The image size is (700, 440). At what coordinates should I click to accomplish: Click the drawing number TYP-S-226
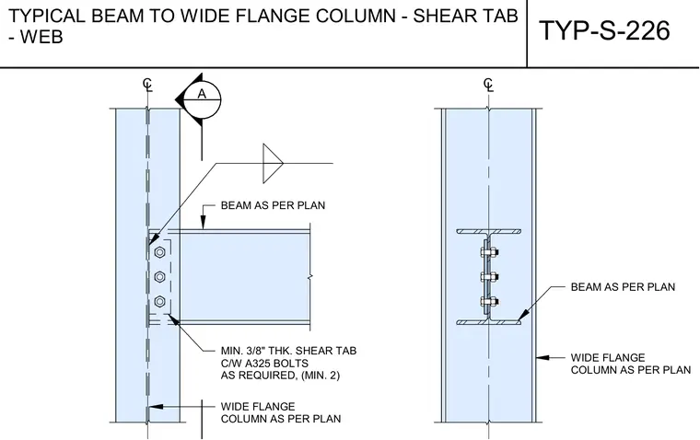point(605,30)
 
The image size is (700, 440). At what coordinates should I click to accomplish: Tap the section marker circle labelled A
point(203,99)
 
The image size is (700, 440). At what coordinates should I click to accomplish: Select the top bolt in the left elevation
point(159,252)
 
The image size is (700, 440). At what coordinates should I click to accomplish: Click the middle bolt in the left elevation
point(159,277)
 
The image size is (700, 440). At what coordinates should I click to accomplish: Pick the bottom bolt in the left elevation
point(159,302)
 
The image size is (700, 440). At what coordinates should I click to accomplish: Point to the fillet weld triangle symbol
point(273,163)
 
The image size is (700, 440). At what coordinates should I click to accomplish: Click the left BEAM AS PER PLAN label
point(273,205)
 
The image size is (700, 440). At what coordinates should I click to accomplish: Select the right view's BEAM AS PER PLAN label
point(623,287)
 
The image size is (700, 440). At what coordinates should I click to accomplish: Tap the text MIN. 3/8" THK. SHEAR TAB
point(288,351)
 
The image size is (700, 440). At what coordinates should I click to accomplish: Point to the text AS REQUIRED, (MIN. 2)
point(280,376)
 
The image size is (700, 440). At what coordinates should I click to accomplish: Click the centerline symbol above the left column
point(147,85)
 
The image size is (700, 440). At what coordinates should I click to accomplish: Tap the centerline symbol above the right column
point(489,85)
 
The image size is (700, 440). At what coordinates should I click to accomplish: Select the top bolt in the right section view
point(489,252)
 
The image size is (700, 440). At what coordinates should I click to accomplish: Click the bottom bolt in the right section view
point(489,302)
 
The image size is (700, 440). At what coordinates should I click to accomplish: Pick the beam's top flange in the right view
point(489,232)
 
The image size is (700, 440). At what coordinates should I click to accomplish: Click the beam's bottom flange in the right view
point(489,322)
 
